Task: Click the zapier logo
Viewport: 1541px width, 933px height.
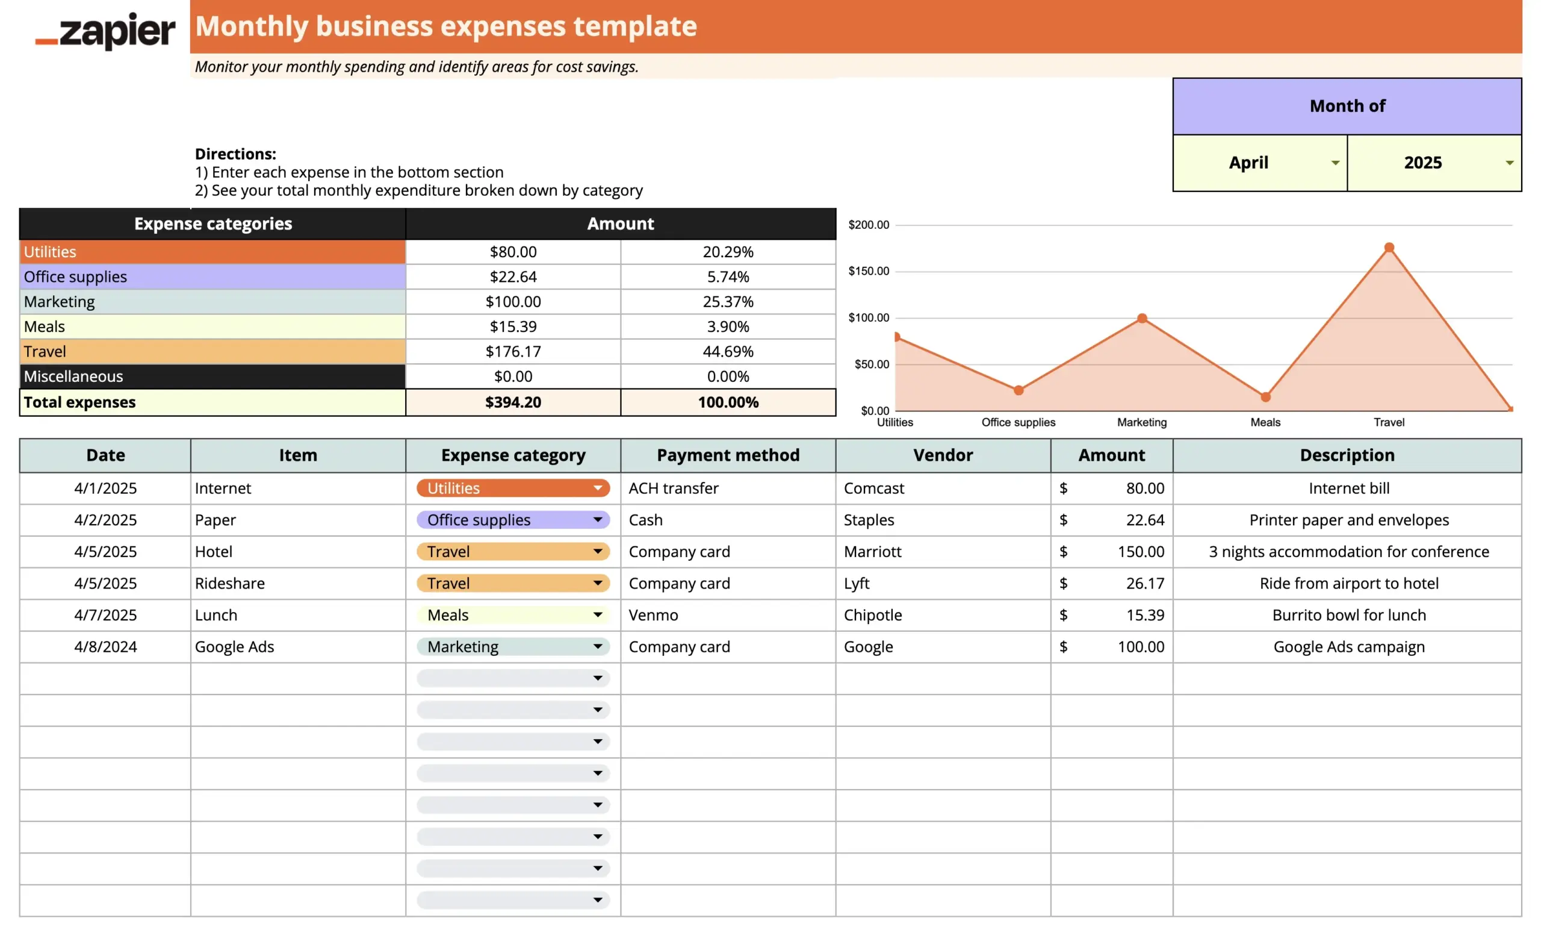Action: [105, 31]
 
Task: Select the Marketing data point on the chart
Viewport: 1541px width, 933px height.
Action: [1142, 319]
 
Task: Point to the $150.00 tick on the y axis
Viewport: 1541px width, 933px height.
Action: [868, 271]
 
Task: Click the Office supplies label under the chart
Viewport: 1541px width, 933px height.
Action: [1018, 422]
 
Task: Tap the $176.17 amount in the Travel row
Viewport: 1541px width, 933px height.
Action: [513, 352]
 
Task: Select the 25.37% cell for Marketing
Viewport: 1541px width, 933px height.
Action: [728, 302]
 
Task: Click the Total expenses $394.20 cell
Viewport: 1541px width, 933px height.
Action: [513, 402]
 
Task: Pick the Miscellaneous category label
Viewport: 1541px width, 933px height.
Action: [74, 376]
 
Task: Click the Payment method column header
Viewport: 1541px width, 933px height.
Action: [728, 455]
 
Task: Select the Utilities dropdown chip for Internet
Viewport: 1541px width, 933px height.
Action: [513, 488]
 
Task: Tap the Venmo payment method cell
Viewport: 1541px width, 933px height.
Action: [654, 615]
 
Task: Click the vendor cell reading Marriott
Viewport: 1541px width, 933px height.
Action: [872, 552]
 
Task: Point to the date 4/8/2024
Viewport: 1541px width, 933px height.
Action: [105, 647]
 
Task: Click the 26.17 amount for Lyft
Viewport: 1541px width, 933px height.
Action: [1144, 583]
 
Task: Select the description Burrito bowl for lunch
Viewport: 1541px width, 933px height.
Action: [1348, 615]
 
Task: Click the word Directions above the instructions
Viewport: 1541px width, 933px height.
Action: [235, 154]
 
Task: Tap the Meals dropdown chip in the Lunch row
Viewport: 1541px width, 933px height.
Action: [513, 615]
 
